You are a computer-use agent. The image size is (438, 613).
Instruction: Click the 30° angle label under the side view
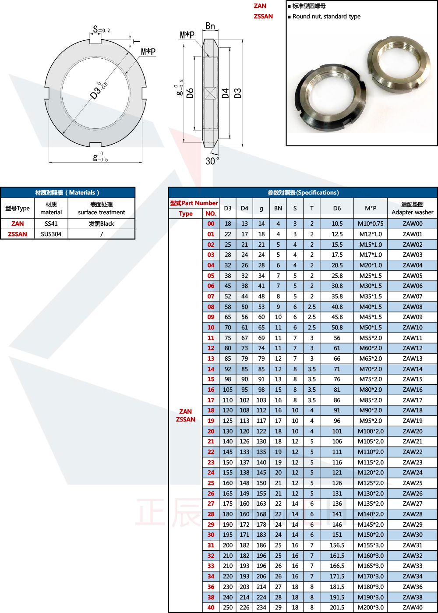[x=212, y=161]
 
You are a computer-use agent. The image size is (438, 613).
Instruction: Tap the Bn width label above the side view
[x=210, y=26]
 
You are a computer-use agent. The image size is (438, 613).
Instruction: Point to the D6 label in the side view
[x=190, y=93]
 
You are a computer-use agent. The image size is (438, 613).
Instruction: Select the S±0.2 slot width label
[x=101, y=29]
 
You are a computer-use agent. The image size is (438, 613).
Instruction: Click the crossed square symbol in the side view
[x=210, y=93]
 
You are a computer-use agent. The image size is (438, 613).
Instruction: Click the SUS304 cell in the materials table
[x=51, y=234]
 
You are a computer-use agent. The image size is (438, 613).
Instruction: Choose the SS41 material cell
[x=51, y=223]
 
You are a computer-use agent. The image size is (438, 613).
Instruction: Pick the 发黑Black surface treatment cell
[x=102, y=223]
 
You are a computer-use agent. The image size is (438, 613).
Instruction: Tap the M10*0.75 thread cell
[x=371, y=223]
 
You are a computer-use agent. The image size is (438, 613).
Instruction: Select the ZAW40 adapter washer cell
[x=413, y=607]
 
